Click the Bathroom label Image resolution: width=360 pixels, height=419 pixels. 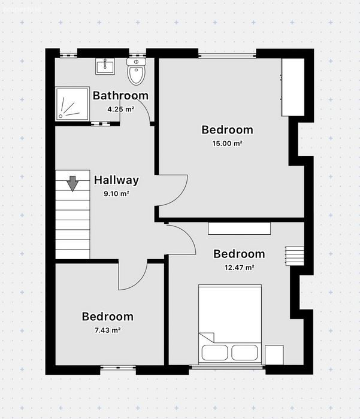tap(120, 96)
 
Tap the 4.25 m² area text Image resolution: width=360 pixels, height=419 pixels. tap(120, 110)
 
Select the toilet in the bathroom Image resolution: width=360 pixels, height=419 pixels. tap(136, 71)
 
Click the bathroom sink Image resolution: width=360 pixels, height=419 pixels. tap(105, 66)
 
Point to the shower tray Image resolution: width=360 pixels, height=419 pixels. tap(72, 104)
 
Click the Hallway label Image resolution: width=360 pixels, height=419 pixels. tap(116, 180)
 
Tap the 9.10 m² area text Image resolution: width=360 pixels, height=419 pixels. tap(117, 193)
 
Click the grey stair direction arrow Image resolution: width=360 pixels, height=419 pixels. tap(72, 184)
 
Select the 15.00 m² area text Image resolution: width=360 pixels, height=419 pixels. tap(228, 144)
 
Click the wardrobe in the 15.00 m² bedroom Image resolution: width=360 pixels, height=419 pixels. tap(293, 87)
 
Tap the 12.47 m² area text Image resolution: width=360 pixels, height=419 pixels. tap(240, 268)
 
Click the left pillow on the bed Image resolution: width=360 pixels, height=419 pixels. tap(215, 353)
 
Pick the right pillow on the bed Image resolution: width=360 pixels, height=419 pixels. tap(244, 353)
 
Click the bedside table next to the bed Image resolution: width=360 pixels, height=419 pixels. tap(274, 355)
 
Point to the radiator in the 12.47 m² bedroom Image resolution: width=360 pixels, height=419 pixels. tap(295, 256)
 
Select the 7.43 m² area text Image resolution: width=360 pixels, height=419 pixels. tap(107, 330)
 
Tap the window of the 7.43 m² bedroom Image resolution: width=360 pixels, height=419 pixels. tap(118, 368)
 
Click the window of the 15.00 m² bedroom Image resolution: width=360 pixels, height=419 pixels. tap(227, 56)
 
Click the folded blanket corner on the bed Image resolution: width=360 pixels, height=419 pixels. tap(207, 337)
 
